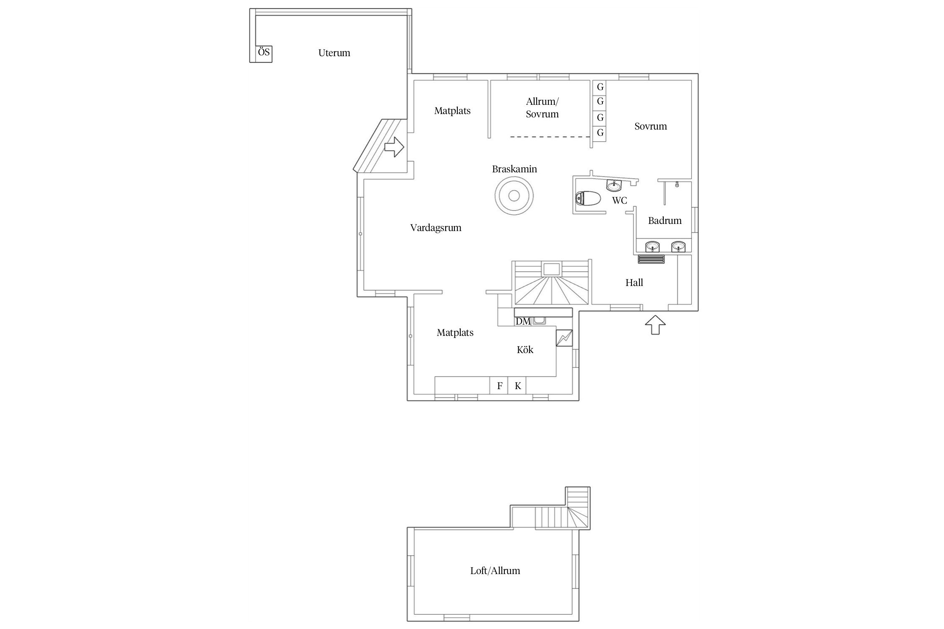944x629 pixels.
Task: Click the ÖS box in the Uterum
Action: (264, 53)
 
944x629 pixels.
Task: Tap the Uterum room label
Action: (334, 53)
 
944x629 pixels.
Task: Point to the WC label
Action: (620, 200)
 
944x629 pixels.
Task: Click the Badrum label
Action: (665, 221)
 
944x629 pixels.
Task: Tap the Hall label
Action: (634, 283)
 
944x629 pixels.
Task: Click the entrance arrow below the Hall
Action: (655, 325)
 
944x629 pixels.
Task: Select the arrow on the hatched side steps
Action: (394, 147)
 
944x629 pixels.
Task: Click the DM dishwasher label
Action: (523, 322)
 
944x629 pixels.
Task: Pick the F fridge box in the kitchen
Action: (499, 386)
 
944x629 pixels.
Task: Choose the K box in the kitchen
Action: (518, 386)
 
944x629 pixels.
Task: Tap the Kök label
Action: (525, 350)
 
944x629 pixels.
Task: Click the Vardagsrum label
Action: (435, 228)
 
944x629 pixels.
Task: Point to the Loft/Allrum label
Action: (495, 571)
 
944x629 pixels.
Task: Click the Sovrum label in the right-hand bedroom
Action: (650, 126)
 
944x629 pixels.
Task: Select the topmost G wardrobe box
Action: (600, 87)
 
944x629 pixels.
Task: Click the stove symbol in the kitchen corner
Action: (564, 338)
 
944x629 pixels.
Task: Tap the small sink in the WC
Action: (614, 185)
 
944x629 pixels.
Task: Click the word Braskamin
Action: (514, 169)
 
